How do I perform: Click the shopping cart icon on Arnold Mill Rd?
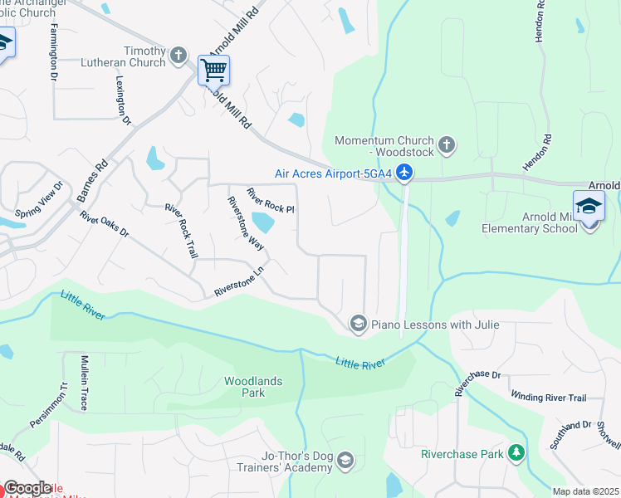pyautogui.click(x=213, y=71)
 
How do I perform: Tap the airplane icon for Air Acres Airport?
pyautogui.click(x=403, y=173)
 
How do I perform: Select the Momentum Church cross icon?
pyautogui.click(x=446, y=146)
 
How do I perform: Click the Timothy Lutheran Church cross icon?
pyautogui.click(x=178, y=56)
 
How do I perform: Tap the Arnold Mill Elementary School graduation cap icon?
pyautogui.click(x=589, y=206)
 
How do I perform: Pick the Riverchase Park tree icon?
pyautogui.click(x=516, y=453)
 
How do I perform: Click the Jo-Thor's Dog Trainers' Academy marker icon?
pyautogui.click(x=345, y=460)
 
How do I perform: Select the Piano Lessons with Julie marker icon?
pyautogui.click(x=359, y=325)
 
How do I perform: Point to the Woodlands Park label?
pyautogui.click(x=253, y=388)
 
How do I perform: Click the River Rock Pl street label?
pyautogui.click(x=271, y=200)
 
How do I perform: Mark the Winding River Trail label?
pyautogui.click(x=548, y=398)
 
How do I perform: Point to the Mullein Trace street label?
pyautogui.click(x=83, y=382)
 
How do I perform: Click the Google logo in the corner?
pyautogui.click(x=27, y=488)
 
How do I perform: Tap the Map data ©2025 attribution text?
pyautogui.click(x=584, y=491)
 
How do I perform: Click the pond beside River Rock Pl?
pyautogui.click(x=262, y=222)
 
